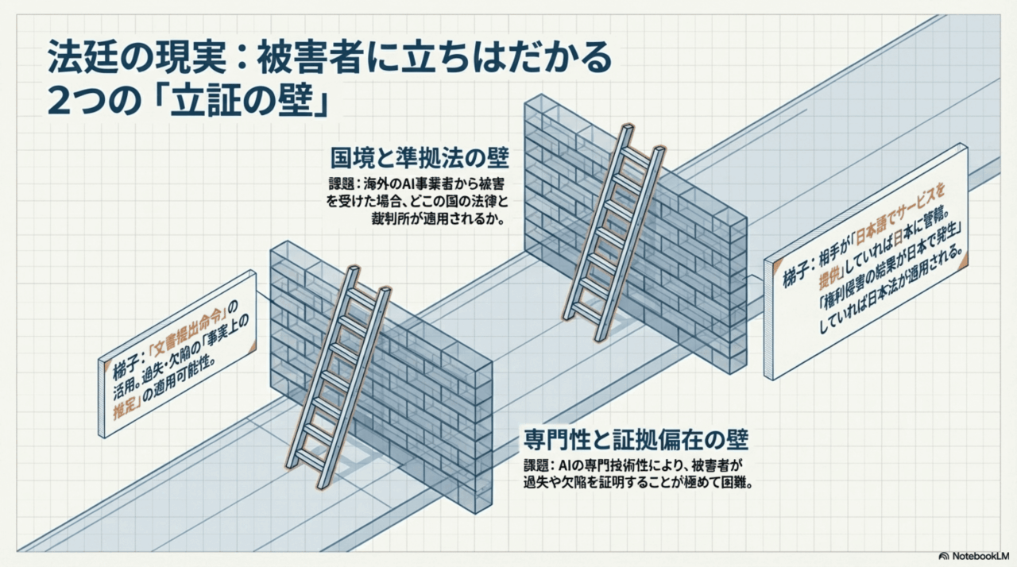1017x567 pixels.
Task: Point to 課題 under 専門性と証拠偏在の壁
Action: coord(538,464)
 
